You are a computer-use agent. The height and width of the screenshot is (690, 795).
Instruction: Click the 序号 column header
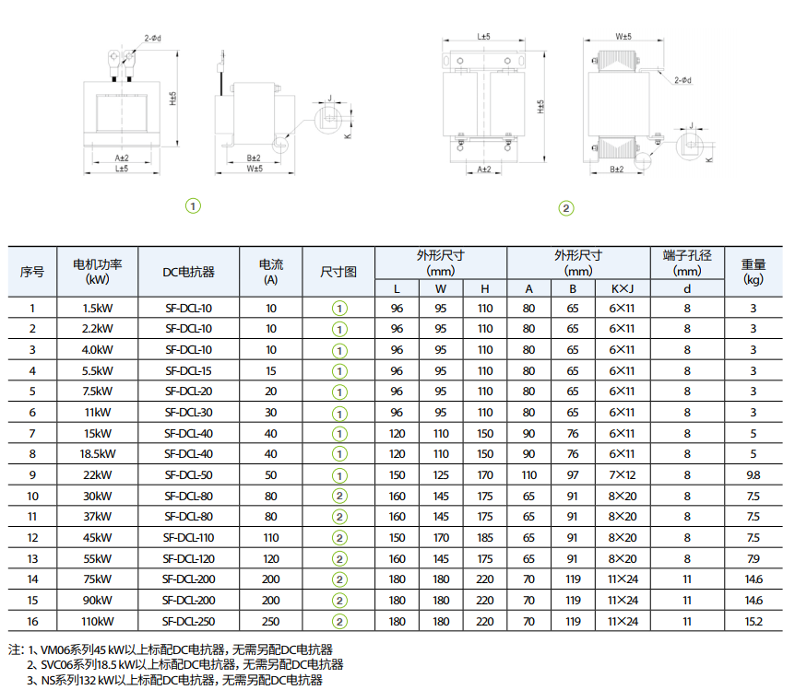tap(32, 272)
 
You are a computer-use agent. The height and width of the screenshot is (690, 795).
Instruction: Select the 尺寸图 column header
tap(338, 272)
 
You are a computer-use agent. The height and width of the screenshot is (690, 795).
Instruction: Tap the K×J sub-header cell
tap(623, 288)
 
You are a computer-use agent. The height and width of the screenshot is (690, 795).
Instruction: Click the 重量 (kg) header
tap(753, 272)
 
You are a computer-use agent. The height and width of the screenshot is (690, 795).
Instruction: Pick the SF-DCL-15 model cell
tap(189, 371)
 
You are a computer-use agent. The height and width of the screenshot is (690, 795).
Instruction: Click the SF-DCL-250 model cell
tap(189, 622)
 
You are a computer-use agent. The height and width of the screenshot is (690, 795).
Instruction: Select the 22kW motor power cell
tap(98, 475)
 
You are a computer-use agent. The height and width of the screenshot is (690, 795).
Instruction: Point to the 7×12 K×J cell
tap(623, 475)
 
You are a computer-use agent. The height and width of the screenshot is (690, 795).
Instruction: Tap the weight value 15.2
tap(753, 622)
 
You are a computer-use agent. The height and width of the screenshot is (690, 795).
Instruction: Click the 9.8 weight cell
tap(753, 475)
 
